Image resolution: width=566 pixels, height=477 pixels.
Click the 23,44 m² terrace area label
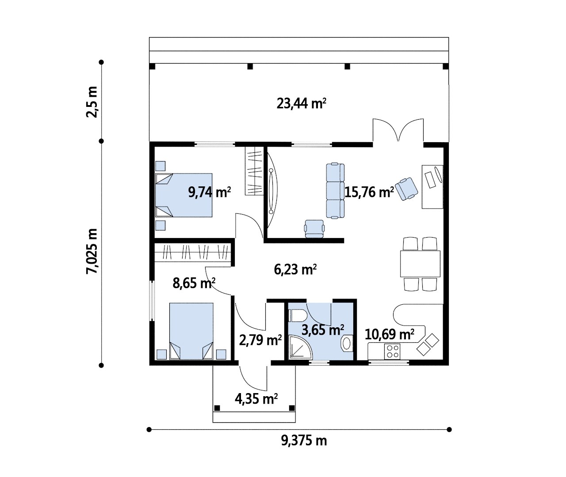(x=301, y=104)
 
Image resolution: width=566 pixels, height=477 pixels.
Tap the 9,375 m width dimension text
(x=304, y=441)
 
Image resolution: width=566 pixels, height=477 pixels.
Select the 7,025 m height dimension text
(x=92, y=251)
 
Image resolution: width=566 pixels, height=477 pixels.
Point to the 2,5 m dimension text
(x=92, y=102)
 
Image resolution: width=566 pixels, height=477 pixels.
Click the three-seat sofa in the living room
(x=335, y=191)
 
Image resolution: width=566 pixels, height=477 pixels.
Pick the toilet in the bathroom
(x=298, y=316)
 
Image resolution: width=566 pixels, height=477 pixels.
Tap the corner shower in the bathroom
(x=301, y=347)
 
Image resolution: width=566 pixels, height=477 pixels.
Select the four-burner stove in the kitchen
(x=392, y=352)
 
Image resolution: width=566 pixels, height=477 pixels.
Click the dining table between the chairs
(x=420, y=264)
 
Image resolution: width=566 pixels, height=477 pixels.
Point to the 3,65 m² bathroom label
(x=323, y=330)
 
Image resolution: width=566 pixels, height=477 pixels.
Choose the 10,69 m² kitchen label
(x=389, y=334)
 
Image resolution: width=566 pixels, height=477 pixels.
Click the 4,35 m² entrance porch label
(x=256, y=399)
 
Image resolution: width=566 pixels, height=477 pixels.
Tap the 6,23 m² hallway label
(x=295, y=269)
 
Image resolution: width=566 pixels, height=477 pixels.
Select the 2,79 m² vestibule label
(x=260, y=340)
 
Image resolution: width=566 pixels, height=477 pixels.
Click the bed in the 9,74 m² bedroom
(x=184, y=195)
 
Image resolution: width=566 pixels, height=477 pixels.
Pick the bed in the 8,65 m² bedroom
(x=191, y=331)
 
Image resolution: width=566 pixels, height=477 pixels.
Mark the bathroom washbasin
(x=347, y=344)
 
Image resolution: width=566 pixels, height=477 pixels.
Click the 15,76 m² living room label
(x=369, y=193)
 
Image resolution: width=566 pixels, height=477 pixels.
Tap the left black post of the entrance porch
(x=217, y=408)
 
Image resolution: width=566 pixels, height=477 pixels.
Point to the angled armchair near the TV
(x=406, y=189)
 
